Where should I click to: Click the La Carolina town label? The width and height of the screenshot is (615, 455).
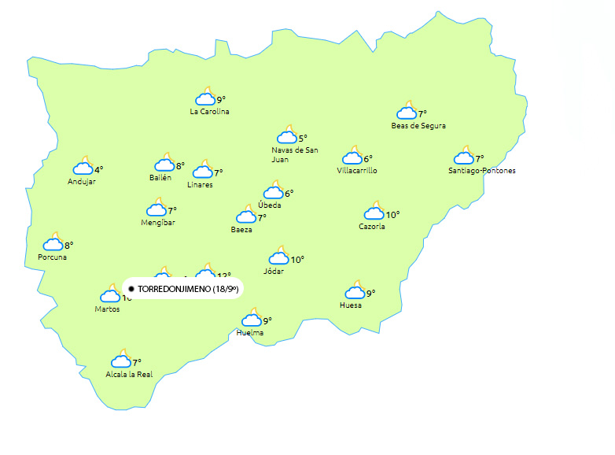[x=209, y=112]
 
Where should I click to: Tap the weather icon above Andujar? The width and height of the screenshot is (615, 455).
[x=83, y=167]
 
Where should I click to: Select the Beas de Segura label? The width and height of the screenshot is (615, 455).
[x=418, y=126]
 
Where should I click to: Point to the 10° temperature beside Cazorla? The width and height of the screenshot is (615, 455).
[x=392, y=214]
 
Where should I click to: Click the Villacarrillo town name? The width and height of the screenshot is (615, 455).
[x=357, y=171]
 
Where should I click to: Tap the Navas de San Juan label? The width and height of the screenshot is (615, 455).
[x=294, y=154]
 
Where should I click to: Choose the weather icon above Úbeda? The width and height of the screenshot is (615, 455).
[x=273, y=191]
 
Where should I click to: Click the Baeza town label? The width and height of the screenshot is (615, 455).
[x=241, y=230]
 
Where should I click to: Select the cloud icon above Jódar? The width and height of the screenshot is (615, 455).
[x=279, y=257]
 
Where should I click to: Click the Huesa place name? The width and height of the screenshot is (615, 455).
[x=351, y=305]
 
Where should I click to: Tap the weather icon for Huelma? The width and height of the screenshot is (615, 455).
[x=252, y=319]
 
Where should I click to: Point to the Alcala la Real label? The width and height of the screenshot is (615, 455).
[x=129, y=375]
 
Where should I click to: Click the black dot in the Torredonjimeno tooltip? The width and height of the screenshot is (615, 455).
[x=131, y=290]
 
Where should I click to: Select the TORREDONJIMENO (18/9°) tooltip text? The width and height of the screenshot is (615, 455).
[x=188, y=290]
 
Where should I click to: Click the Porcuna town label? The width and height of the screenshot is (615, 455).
[x=52, y=257]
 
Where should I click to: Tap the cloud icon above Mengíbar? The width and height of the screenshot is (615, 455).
[x=156, y=209]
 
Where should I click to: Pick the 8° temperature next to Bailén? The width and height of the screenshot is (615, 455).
[x=180, y=166]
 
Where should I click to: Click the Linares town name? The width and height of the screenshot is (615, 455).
[x=200, y=185]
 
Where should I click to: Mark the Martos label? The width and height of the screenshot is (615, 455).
[x=107, y=309]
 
